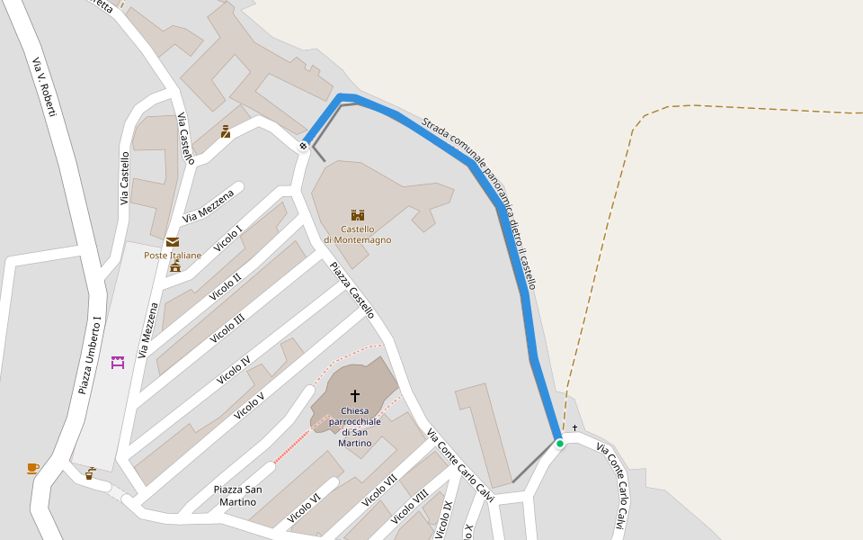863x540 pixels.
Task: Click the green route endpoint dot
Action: [x=559, y=443]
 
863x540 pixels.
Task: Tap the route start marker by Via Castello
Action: [x=304, y=145]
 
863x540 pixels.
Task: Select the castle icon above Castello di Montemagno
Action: [x=357, y=215]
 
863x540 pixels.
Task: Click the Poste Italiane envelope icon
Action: [x=172, y=241]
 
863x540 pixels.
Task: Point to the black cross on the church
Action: [x=354, y=396]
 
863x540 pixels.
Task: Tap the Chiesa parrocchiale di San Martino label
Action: [x=354, y=427]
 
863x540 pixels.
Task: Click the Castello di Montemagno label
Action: [x=358, y=235]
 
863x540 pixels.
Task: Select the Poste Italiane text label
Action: [x=173, y=256]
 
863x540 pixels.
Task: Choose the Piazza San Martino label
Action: [x=238, y=495]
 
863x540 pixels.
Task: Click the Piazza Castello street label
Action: [x=351, y=290]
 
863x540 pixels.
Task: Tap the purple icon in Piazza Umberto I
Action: [x=117, y=363]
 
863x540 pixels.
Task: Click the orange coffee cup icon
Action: [x=32, y=468]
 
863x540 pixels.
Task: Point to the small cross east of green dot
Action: [x=574, y=427]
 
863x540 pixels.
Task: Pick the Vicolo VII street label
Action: [x=379, y=490]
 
